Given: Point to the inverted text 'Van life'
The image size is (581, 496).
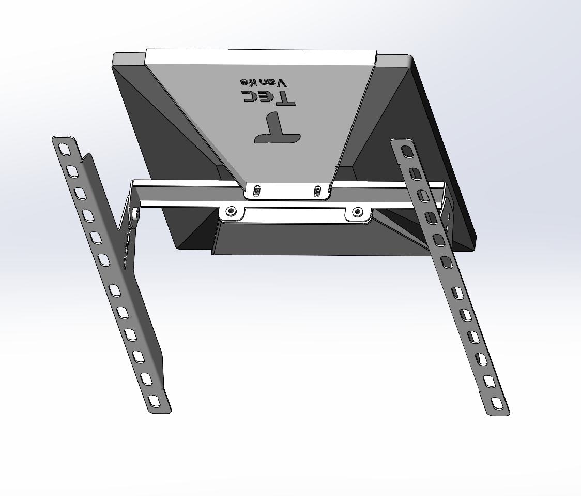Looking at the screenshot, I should [263, 82].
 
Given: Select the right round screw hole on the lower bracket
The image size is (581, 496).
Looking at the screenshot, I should [357, 211].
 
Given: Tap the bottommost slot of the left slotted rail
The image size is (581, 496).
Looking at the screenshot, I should [154, 400].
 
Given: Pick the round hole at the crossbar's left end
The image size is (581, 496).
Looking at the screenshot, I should [135, 213].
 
